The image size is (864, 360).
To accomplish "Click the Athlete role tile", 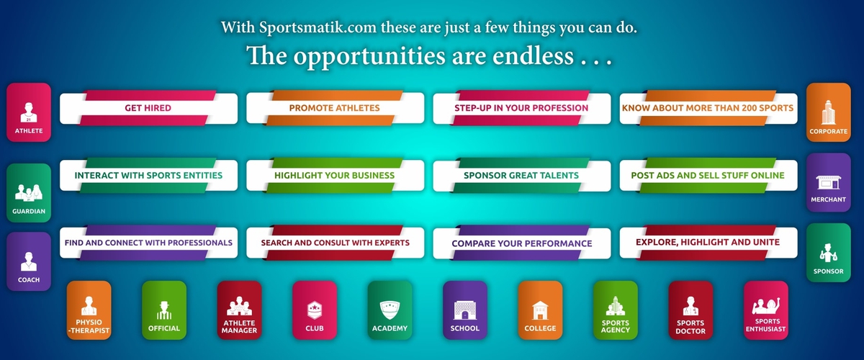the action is tap(29, 112).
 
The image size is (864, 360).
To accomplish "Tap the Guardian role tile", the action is tap(29, 193).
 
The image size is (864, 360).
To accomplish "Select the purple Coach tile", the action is tap(29, 261).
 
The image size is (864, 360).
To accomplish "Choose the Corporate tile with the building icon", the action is tap(828, 112).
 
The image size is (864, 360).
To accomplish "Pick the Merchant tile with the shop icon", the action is tap(828, 182).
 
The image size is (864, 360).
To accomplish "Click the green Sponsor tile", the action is tap(828, 253).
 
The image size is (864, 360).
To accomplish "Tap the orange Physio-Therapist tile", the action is tap(89, 310).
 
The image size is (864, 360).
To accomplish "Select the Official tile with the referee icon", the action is tap(164, 310).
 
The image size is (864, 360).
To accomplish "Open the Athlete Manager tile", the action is tap(239, 310).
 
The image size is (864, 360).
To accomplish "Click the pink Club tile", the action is tap(315, 310).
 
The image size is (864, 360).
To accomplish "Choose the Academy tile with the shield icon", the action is tap(390, 310).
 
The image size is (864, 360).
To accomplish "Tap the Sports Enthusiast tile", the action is tap(765, 310).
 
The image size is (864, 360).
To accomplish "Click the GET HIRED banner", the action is tap(148, 108).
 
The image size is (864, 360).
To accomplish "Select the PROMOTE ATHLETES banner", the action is tap(336, 108).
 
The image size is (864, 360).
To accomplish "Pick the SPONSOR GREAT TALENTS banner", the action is tap(522, 175).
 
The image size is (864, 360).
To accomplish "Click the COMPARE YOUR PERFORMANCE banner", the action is tap(522, 243).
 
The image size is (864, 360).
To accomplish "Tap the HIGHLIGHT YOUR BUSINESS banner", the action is tap(336, 175).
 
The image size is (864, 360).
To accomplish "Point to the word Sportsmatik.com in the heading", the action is tap(318, 27).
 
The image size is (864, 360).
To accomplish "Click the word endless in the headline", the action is tap(533, 56).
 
